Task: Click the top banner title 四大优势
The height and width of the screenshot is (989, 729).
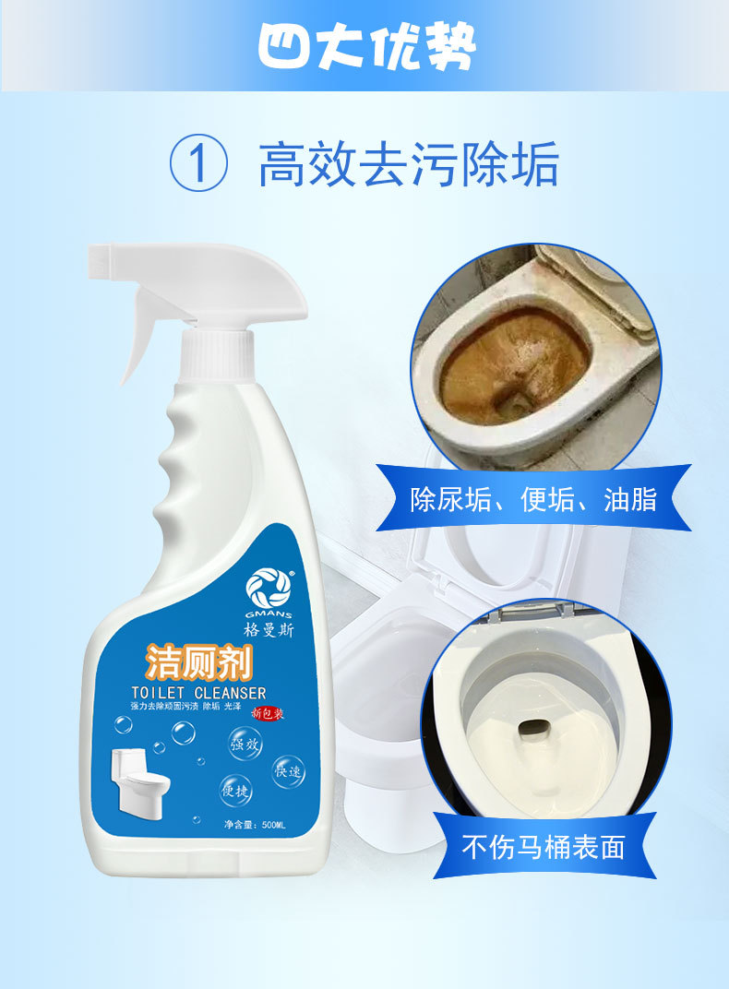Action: tap(366, 45)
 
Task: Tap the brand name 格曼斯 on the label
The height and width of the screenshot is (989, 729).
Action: tap(267, 631)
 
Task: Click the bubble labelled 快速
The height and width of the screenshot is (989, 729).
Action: tap(287, 771)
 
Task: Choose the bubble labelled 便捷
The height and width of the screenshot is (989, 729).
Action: tap(235, 790)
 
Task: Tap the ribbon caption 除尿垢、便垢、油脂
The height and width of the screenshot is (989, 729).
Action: tap(533, 499)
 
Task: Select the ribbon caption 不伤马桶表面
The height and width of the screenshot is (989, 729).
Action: tap(544, 846)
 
